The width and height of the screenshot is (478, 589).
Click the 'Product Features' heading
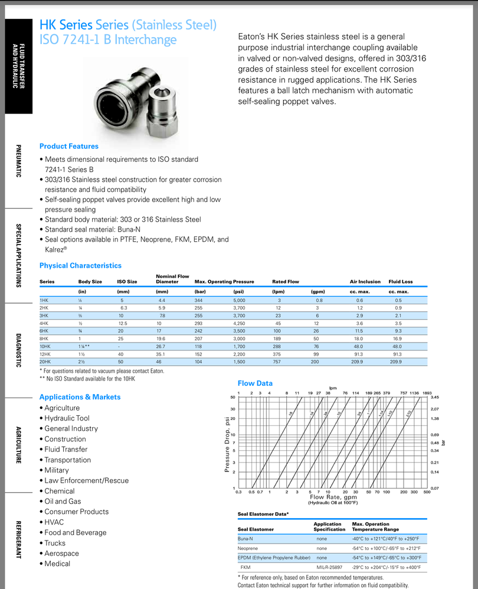(69, 147)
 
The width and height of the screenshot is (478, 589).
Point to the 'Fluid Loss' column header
(401, 282)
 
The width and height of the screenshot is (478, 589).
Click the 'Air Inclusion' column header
(365, 282)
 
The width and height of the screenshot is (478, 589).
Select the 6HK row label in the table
(44, 331)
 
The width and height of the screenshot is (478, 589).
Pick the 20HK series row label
(45, 362)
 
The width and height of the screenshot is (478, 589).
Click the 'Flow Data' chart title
(255, 383)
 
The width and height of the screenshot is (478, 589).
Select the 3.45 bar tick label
(436, 398)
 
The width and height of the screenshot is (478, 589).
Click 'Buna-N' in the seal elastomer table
(245, 539)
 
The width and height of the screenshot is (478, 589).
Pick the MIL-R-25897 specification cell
(327, 567)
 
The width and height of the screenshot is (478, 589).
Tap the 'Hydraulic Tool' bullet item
(67, 418)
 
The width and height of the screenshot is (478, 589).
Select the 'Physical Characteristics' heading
(80, 266)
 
